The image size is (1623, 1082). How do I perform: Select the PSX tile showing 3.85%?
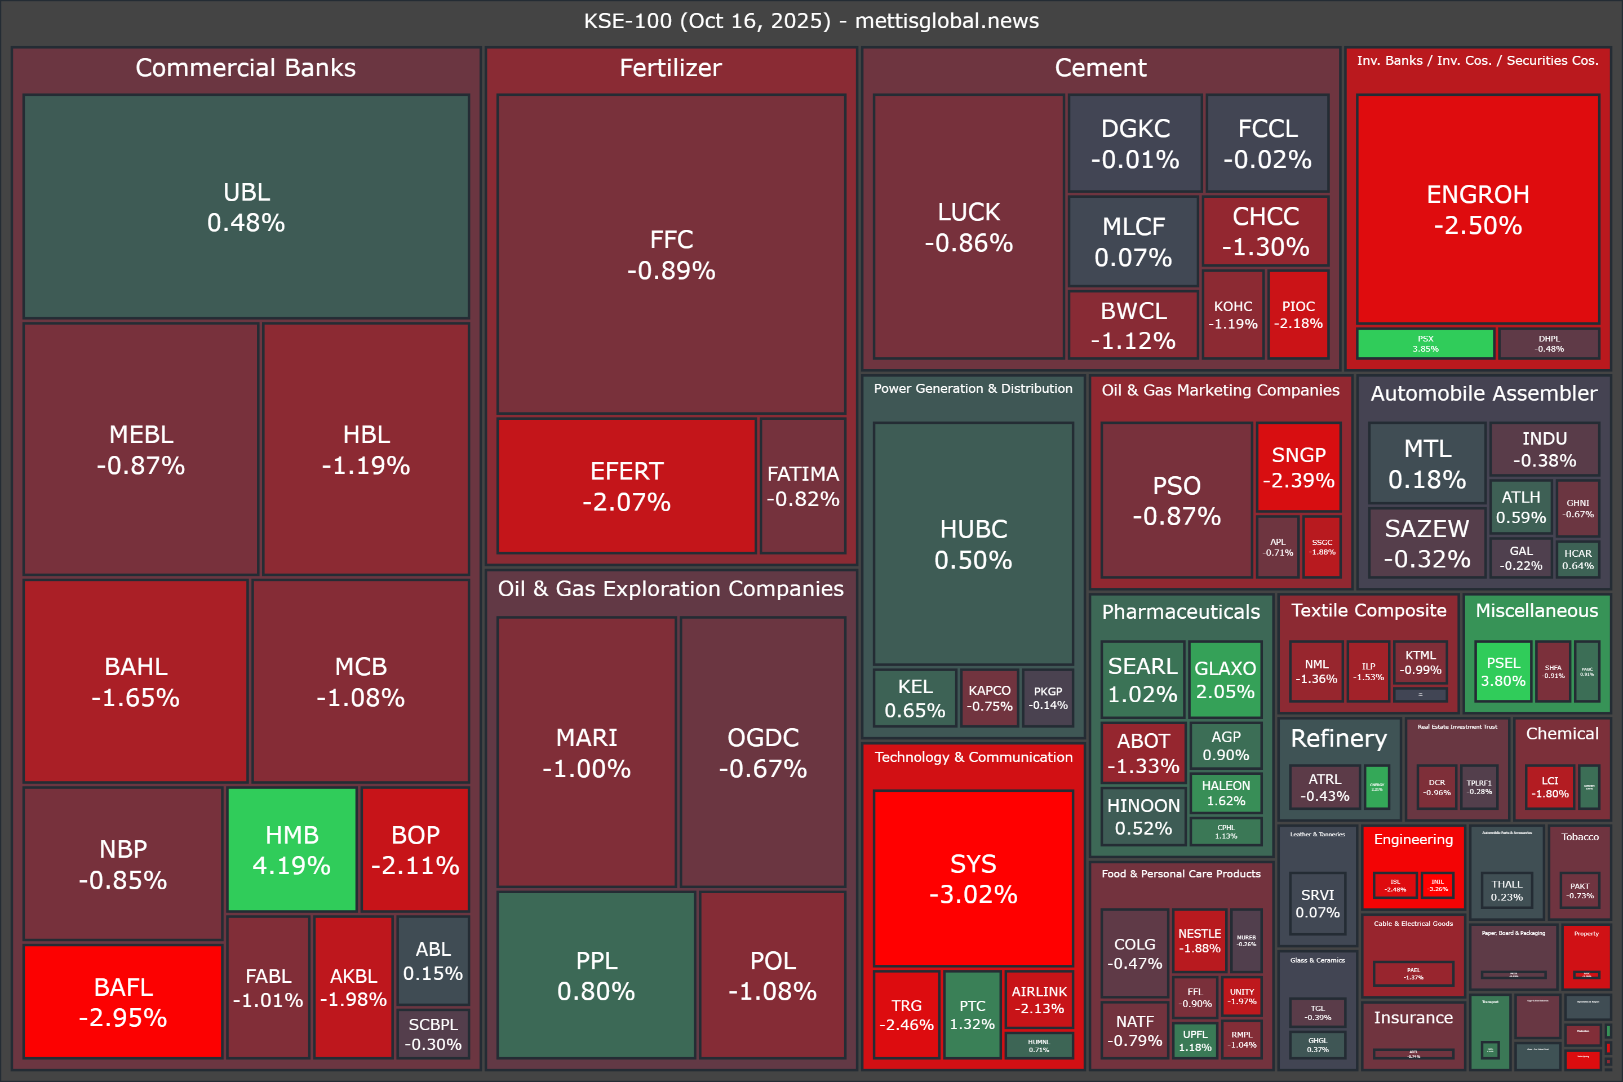click(1425, 344)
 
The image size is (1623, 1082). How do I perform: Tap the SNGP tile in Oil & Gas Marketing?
click(1298, 467)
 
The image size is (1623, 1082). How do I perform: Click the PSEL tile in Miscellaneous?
click(1503, 671)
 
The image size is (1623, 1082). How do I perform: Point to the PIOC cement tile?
click(1298, 314)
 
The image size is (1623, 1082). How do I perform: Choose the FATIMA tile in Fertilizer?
click(802, 486)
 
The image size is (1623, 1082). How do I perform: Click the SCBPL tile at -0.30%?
click(433, 1034)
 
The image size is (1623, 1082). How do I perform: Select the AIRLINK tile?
click(1039, 999)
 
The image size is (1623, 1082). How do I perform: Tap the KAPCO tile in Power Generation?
click(989, 698)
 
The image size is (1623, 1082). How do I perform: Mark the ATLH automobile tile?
click(1521, 507)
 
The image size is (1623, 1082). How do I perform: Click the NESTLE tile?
click(1199, 940)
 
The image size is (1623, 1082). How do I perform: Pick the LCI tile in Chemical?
click(1549, 787)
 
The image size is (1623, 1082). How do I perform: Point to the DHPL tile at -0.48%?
click(1549, 344)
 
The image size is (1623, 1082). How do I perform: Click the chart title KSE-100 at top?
click(811, 21)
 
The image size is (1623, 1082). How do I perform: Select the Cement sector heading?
click(1100, 68)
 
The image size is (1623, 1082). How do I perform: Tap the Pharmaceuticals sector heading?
click(1181, 611)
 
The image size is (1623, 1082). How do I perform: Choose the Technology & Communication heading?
click(973, 757)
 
